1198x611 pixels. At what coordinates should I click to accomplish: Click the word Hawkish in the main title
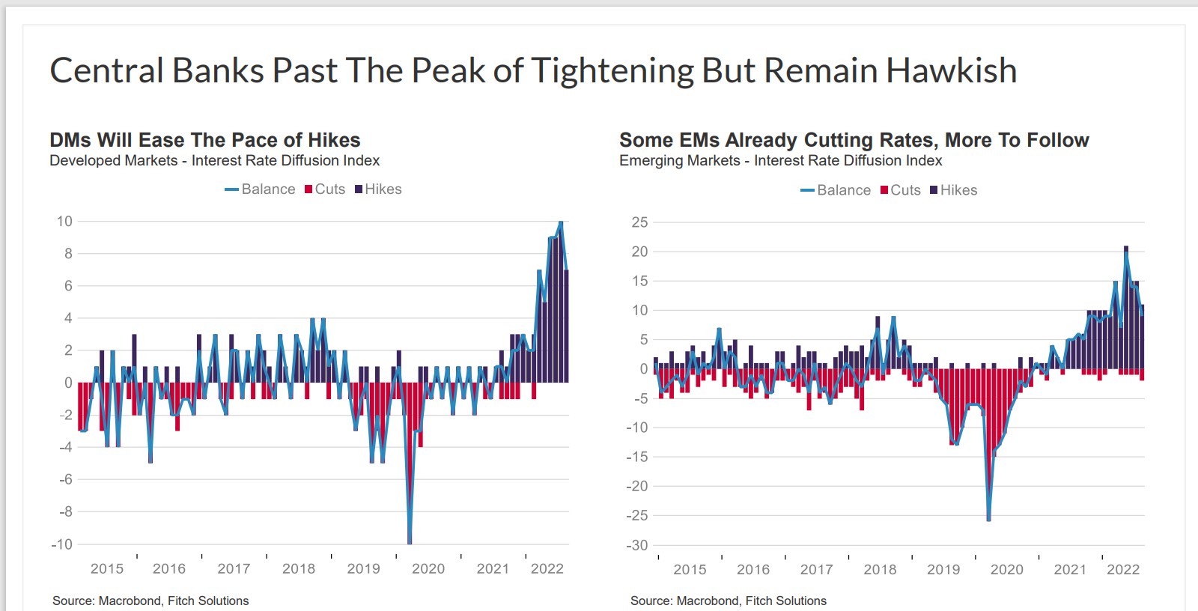[x=952, y=70]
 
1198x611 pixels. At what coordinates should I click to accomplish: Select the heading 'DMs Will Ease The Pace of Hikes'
[x=204, y=140]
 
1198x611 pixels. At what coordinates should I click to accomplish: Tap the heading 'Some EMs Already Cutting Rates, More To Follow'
[x=854, y=140]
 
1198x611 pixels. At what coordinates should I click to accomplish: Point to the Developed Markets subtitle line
[x=214, y=160]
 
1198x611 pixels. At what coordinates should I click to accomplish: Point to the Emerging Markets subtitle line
[x=780, y=160]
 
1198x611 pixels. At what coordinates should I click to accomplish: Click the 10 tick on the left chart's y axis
[x=64, y=221]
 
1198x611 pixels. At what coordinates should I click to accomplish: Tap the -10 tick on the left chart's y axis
[x=61, y=544]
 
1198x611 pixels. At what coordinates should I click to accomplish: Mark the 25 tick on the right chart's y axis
[x=639, y=222]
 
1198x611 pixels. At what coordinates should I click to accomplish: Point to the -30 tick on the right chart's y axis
[x=637, y=545]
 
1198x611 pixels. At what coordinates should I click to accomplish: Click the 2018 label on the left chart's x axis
[x=299, y=569]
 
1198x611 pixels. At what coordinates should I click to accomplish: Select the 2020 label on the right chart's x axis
[x=1006, y=570]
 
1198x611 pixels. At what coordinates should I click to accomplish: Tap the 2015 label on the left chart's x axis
[x=107, y=569]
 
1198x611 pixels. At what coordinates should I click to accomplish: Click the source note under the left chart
[x=150, y=601]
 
